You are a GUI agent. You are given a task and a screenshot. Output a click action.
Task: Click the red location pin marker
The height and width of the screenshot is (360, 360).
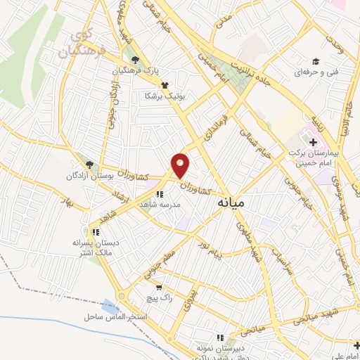[x=181, y=165]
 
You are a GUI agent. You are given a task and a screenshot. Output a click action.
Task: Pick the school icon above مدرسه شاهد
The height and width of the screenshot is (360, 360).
[x=160, y=194]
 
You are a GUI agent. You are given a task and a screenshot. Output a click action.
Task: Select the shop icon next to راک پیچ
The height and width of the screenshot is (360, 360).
[x=159, y=287]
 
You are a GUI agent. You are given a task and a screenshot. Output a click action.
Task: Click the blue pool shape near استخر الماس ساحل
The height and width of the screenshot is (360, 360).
[x=110, y=307]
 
